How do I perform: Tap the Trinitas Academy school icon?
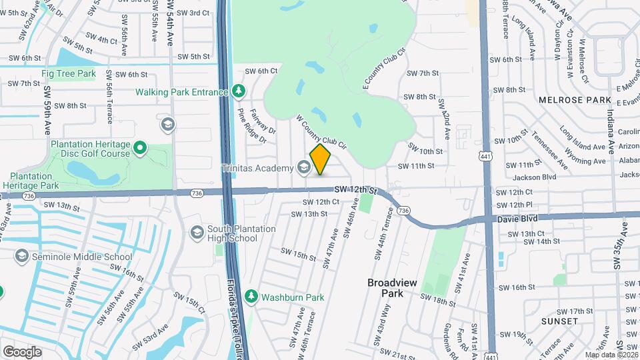305,167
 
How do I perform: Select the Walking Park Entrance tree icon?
238,91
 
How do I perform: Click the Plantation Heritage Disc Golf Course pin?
139,147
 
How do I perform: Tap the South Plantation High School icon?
197,233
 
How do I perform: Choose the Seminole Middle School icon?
22,257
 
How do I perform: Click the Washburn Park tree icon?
251,296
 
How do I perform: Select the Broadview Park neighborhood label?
392,287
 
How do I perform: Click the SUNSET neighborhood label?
560,321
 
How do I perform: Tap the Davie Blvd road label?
517,219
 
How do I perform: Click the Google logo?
22,351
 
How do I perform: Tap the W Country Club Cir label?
322,131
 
